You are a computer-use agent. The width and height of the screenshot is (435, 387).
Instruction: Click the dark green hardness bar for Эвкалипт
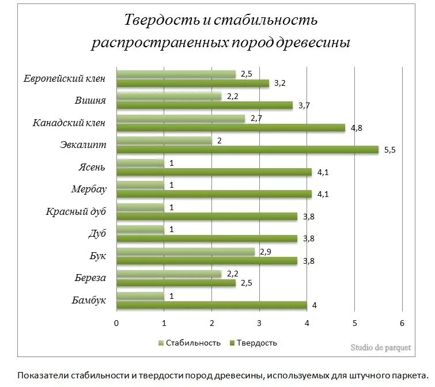tap(248, 150)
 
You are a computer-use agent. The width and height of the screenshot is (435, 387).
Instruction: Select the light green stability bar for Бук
tap(186, 252)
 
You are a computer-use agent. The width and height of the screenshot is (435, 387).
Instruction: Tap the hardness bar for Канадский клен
tap(230, 128)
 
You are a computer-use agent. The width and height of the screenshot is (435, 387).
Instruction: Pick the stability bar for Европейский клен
tap(176, 74)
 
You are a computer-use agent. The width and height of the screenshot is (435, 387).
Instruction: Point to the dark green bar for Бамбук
tap(211, 305)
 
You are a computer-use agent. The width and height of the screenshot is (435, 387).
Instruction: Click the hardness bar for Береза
tap(176, 283)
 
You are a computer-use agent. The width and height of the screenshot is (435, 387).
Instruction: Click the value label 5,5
tap(390, 150)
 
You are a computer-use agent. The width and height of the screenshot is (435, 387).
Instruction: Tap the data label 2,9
tap(266, 252)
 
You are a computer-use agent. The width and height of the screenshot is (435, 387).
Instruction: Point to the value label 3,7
tap(304, 105)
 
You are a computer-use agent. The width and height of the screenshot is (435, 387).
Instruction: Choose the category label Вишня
tap(90, 100)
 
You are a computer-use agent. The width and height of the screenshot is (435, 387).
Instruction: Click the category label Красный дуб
tap(77, 211)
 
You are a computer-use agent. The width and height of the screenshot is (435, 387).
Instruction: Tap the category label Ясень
tap(92, 167)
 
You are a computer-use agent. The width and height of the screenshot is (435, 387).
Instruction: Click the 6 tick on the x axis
tap(402, 322)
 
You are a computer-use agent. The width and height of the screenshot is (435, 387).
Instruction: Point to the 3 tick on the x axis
tap(259, 322)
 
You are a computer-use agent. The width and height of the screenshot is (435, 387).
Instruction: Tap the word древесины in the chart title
tap(311, 44)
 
